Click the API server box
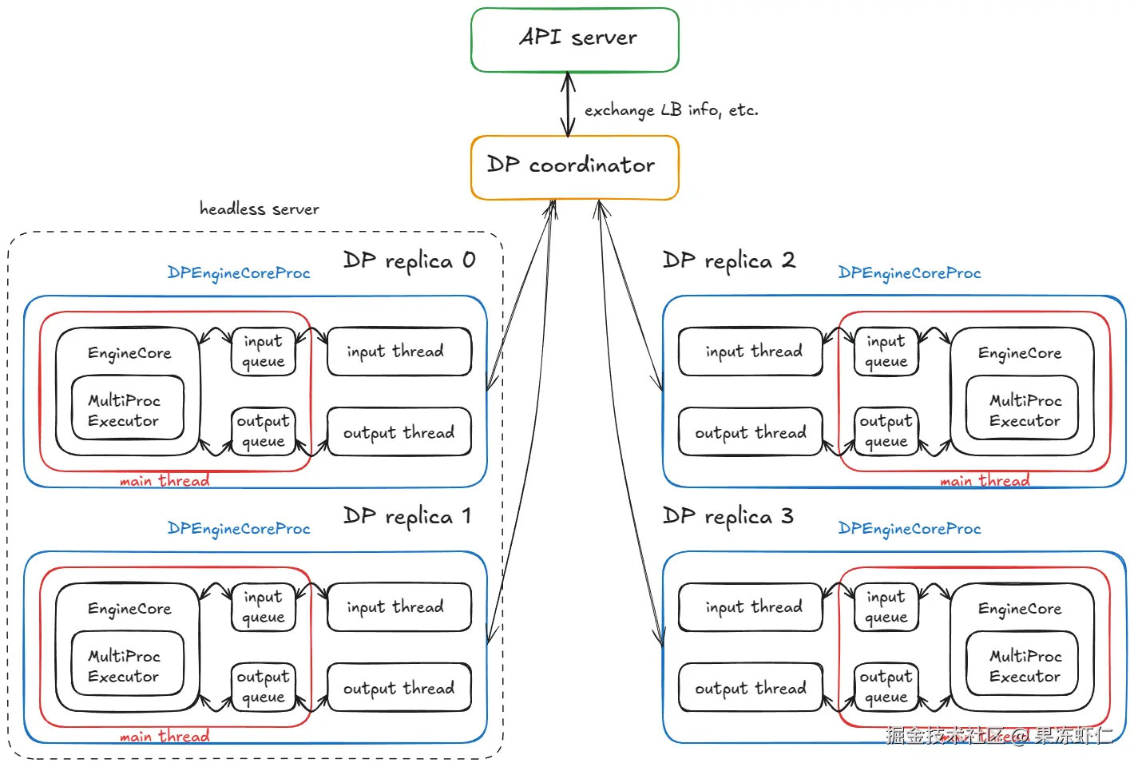coord(575,39)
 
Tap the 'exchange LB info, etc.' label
coord(671,110)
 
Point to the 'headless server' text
coord(259,209)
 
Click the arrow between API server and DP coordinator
coord(568,104)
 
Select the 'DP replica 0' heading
coord(409,260)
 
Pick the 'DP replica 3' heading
coord(728,516)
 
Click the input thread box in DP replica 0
coord(398,352)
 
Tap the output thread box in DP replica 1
coord(398,688)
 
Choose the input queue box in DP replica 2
coord(886,352)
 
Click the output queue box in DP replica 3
coord(886,687)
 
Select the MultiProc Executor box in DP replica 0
coord(127,409)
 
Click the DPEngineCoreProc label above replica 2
coord(909,273)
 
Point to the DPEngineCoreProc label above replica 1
coord(238,529)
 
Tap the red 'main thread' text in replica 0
coord(165,481)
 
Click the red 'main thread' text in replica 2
coord(984,481)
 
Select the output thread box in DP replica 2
coord(750,432)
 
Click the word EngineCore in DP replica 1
coord(129,609)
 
